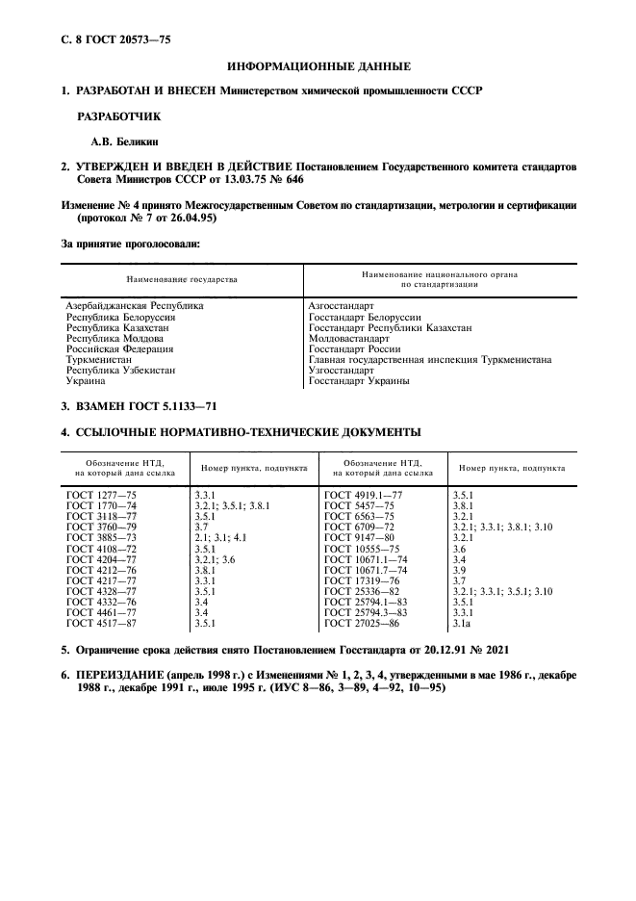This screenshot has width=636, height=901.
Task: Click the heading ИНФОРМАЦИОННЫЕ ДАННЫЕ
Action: click(318, 66)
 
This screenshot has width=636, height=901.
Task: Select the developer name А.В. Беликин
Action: click(108, 142)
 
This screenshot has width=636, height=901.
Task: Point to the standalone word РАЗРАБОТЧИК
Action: click(119, 116)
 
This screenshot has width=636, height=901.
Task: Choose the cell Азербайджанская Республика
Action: click(135, 305)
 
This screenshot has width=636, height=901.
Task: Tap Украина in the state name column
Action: click(86, 380)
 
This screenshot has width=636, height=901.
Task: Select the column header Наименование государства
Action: click(176, 279)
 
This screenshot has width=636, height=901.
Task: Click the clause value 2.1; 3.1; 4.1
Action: click(220, 538)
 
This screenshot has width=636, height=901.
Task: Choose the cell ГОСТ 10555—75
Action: click(362, 549)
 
